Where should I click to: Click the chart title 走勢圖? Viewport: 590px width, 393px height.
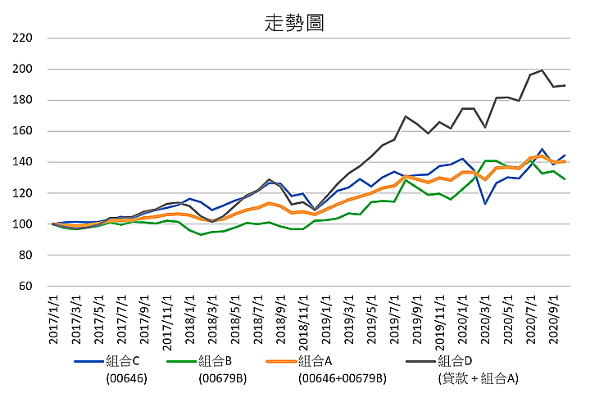[x=294, y=22]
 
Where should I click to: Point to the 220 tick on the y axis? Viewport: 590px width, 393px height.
[x=23, y=38]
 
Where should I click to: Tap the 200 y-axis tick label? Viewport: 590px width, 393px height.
[x=23, y=69]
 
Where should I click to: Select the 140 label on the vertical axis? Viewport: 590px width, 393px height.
[x=23, y=162]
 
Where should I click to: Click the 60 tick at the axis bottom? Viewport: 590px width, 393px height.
[x=26, y=287]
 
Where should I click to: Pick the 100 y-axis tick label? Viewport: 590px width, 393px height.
[x=23, y=224]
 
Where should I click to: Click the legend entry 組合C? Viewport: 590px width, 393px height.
[x=124, y=361]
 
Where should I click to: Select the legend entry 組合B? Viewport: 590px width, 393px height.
[x=216, y=361]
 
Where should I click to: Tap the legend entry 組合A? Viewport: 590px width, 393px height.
[x=315, y=361]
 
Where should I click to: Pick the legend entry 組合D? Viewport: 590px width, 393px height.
[x=456, y=361]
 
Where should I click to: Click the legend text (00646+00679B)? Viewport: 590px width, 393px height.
[x=343, y=378]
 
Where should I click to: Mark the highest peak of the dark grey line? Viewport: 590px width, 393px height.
[x=542, y=70]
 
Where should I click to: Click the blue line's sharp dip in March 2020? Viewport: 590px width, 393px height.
[x=485, y=203]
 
